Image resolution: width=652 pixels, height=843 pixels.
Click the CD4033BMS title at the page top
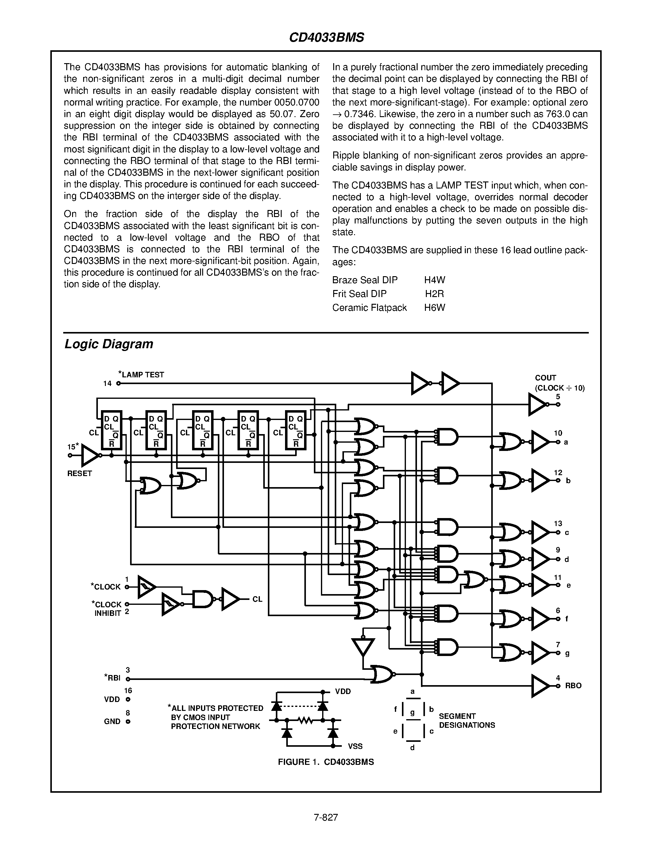tap(326, 37)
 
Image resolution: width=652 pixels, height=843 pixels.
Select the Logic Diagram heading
tap(109, 344)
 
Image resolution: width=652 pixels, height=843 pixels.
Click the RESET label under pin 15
tap(79, 474)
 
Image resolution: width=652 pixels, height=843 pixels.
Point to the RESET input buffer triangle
tap(90, 456)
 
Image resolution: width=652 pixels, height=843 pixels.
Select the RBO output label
tap(573, 685)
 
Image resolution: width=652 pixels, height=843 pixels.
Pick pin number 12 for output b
tap(558, 472)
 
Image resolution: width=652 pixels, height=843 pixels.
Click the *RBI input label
tap(113, 678)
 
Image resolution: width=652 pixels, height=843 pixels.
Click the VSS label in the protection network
tap(355, 746)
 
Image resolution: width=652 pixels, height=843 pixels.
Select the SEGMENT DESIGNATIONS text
tap(467, 721)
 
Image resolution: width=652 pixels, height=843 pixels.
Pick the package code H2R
tap(434, 294)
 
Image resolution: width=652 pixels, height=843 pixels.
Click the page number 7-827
tap(326, 817)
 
